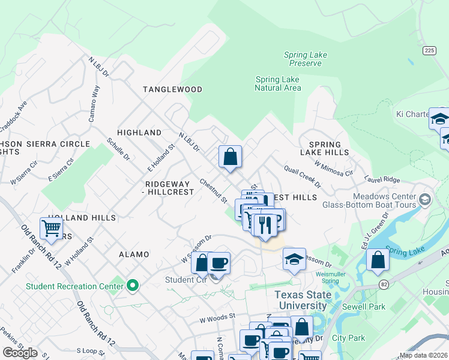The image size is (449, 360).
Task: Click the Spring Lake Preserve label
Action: pos(305,59)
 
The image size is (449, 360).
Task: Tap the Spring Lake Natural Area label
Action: pos(277,83)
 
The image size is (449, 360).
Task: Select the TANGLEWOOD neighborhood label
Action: pos(172,89)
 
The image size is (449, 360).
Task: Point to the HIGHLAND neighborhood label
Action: pos(139,133)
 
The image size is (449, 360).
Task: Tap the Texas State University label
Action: pos(301,300)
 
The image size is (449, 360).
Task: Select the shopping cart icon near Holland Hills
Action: pos(52,228)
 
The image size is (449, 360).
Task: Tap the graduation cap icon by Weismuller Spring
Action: pos(294,259)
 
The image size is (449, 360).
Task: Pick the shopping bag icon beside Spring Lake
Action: pos(378,260)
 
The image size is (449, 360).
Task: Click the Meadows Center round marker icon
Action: pos(425,199)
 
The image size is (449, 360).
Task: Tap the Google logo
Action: pos(20,353)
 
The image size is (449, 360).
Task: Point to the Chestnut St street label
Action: pos(213,190)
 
